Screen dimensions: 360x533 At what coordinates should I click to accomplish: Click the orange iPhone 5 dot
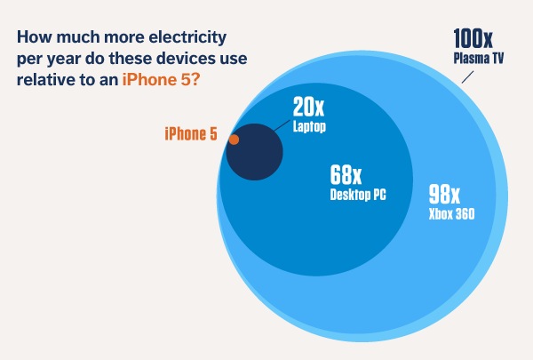click(234, 140)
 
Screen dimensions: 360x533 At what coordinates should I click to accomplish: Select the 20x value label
click(309, 108)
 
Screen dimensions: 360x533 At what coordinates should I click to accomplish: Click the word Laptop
click(310, 126)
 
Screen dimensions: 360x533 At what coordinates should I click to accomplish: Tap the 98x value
click(445, 193)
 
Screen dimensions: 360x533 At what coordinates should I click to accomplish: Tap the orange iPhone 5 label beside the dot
click(192, 134)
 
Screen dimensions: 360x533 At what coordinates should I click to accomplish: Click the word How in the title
click(33, 38)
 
